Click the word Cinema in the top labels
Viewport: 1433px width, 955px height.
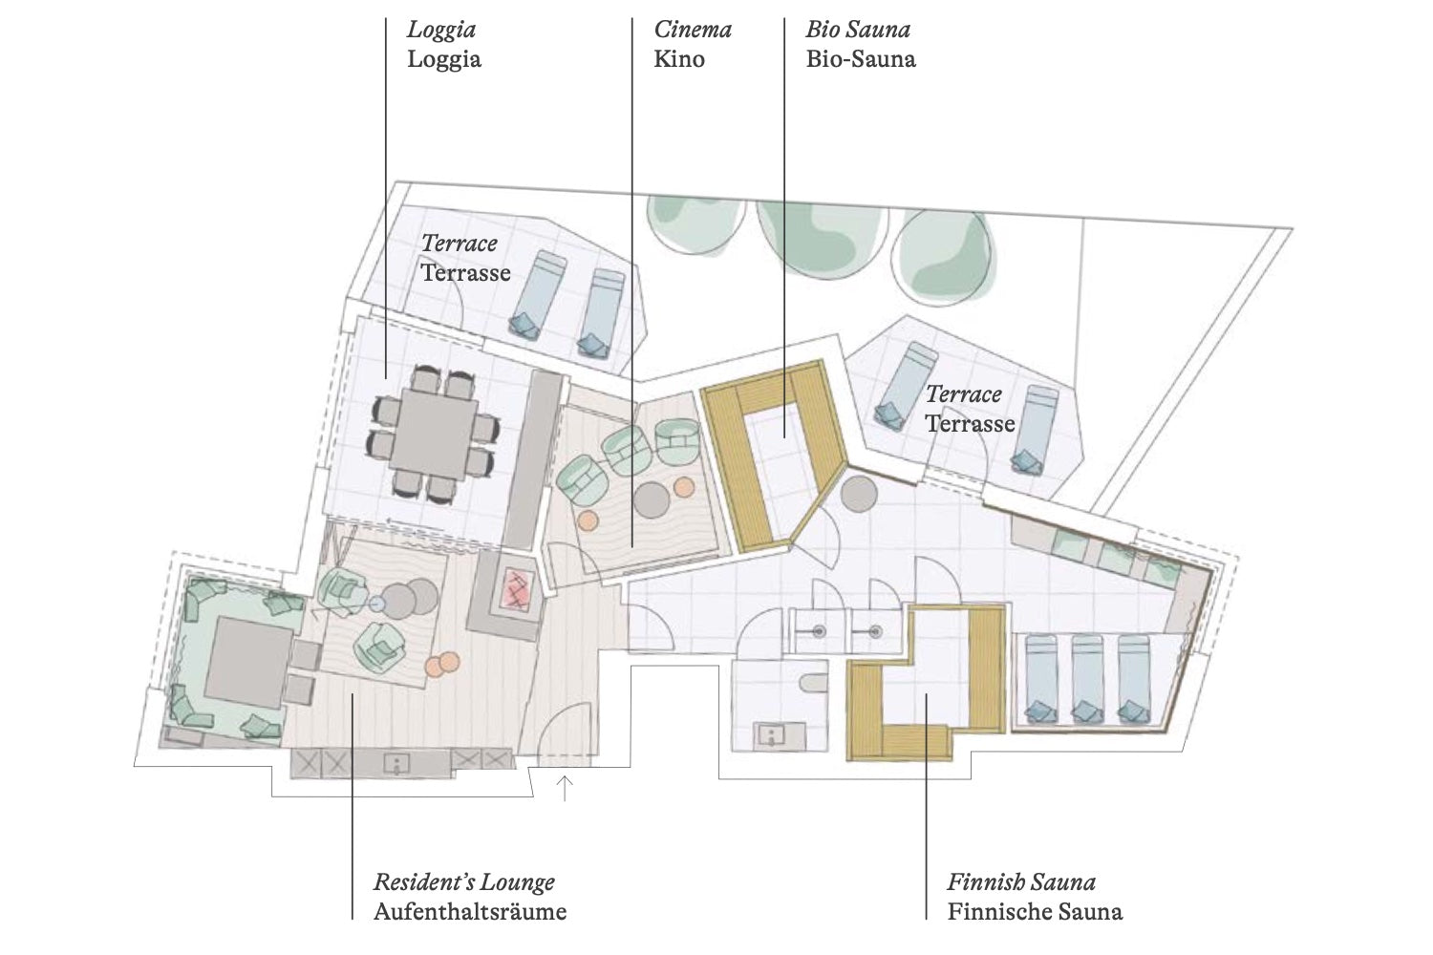[x=693, y=30]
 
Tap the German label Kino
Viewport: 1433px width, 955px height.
[x=678, y=59]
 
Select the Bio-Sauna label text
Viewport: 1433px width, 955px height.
[x=861, y=59]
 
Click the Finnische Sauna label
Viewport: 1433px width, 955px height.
[x=1035, y=911]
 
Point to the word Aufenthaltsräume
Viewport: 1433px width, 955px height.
[x=470, y=911]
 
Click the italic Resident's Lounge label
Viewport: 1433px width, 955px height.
[x=463, y=882]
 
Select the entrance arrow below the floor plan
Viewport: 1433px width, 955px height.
[x=564, y=788]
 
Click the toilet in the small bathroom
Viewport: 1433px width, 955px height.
[x=813, y=682]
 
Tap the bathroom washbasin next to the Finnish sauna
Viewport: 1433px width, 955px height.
[x=771, y=735]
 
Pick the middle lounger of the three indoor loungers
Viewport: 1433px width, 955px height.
[x=1087, y=679]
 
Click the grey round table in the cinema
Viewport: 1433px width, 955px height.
[x=652, y=500]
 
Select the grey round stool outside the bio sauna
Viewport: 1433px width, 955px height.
[x=859, y=493]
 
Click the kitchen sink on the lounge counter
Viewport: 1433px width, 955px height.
[x=397, y=764]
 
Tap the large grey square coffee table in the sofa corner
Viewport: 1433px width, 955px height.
[x=248, y=662]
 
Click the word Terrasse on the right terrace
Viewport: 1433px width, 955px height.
[x=970, y=423]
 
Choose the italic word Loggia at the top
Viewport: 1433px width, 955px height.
[x=441, y=31]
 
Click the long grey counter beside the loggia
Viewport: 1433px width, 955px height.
[x=533, y=460]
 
